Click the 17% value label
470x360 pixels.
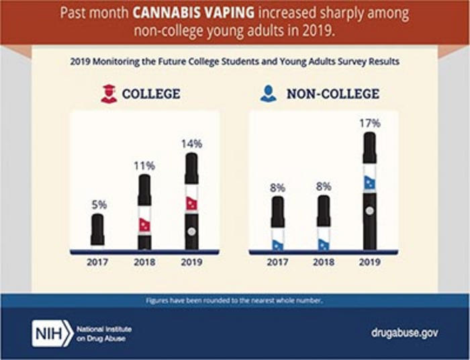click(369, 124)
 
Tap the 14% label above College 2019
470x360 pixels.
click(191, 143)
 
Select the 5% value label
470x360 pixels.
click(97, 204)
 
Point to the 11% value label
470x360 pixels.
click(144, 165)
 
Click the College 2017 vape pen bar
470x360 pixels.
click(97, 230)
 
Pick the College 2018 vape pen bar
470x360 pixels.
click(144, 212)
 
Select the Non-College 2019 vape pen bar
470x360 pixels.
click(369, 191)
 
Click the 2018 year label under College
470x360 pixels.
click(144, 261)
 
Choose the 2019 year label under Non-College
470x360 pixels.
click(369, 261)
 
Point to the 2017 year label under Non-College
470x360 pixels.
click(277, 261)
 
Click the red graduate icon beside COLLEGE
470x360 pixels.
click(109, 94)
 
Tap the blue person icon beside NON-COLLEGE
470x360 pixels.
click(269, 94)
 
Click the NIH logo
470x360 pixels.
click(52, 332)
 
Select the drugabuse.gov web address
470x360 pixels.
click(399, 332)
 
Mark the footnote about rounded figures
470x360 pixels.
click(235, 300)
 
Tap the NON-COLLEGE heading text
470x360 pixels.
click(333, 94)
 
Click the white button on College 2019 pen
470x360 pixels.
click(191, 231)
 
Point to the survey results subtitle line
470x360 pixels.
click(235, 61)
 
